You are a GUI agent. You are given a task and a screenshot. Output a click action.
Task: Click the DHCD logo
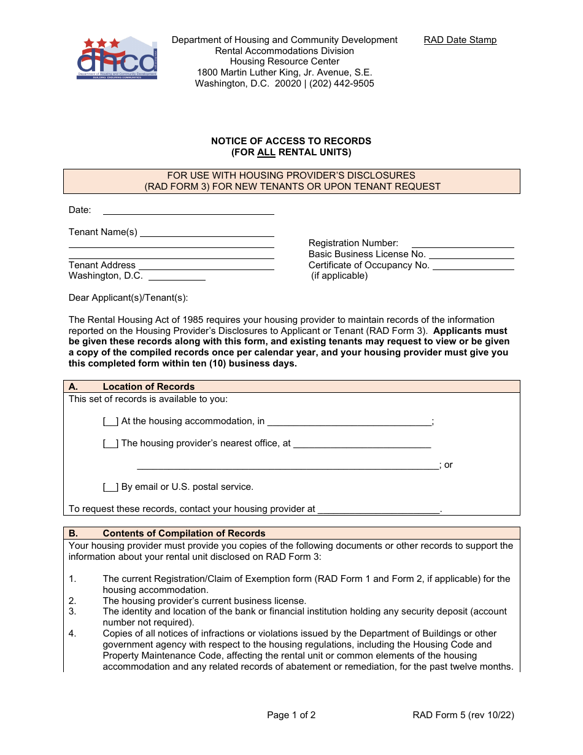(x=117, y=59)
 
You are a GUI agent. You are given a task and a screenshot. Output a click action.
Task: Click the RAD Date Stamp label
(x=460, y=40)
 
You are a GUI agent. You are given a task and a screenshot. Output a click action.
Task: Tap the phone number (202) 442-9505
(x=341, y=83)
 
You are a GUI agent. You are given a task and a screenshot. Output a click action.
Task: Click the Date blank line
(x=188, y=211)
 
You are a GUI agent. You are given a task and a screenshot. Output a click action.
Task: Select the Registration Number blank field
(x=462, y=243)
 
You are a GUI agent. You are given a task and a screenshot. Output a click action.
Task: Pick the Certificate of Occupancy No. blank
(x=473, y=265)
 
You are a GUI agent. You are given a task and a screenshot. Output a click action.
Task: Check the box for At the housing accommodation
(x=110, y=422)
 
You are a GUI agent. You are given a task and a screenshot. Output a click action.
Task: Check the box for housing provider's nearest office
(x=110, y=443)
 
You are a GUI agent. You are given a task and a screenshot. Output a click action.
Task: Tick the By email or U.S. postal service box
(x=110, y=487)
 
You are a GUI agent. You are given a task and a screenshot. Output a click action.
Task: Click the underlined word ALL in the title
(x=266, y=152)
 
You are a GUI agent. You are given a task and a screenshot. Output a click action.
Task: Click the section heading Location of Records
(x=149, y=387)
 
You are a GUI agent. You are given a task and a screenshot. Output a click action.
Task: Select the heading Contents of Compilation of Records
(x=184, y=533)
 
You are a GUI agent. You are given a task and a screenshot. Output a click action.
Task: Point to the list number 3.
(x=72, y=612)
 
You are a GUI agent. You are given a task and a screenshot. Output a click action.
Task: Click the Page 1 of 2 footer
(x=291, y=714)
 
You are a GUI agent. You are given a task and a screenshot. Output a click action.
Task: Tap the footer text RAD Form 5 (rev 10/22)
(x=463, y=714)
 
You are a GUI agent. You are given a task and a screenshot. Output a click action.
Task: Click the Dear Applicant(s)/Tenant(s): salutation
(x=128, y=298)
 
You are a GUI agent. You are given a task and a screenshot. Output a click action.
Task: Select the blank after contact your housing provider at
(x=379, y=509)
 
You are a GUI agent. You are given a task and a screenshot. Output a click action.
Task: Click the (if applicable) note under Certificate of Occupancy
(x=339, y=276)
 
